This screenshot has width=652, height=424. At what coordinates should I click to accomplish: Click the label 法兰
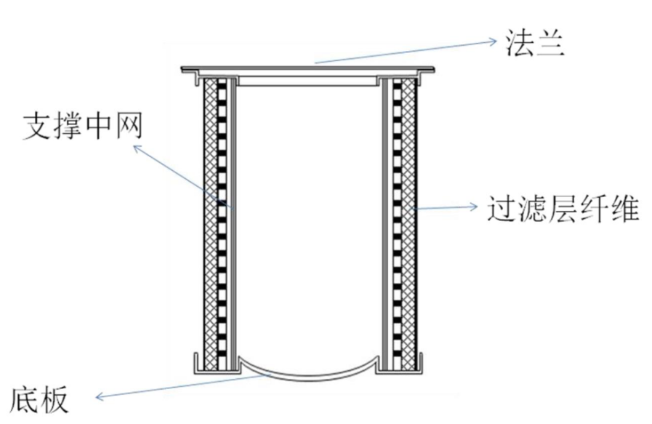(534, 46)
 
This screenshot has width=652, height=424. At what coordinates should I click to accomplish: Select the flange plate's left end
(185, 71)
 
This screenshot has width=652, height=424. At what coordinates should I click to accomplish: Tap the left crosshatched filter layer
(212, 218)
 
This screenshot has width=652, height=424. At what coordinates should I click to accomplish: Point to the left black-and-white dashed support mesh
(223, 218)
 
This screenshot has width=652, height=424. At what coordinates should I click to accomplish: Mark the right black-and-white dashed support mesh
(397, 218)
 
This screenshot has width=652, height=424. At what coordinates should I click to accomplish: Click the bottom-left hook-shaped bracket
(196, 364)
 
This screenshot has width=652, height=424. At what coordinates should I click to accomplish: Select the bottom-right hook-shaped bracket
(422, 364)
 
